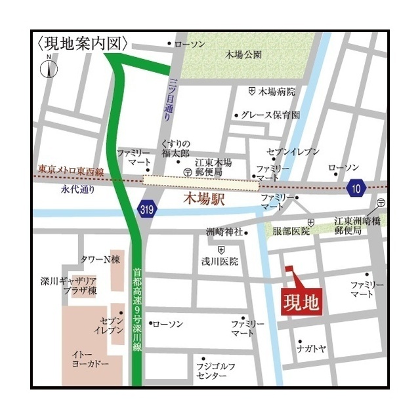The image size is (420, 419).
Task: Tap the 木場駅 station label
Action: pos(203,199)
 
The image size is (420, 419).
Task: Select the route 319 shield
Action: pos(147,209)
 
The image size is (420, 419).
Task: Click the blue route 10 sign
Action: pos(356,188)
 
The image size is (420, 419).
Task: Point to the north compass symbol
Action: pos(49,67)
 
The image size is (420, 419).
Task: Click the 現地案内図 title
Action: pos(83,44)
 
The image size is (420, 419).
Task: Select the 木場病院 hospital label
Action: pos(277,91)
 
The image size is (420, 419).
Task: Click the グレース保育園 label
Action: pos(270,115)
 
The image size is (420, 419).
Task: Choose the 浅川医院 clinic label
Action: pos(220,261)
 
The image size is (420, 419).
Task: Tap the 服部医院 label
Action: pos(291,231)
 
